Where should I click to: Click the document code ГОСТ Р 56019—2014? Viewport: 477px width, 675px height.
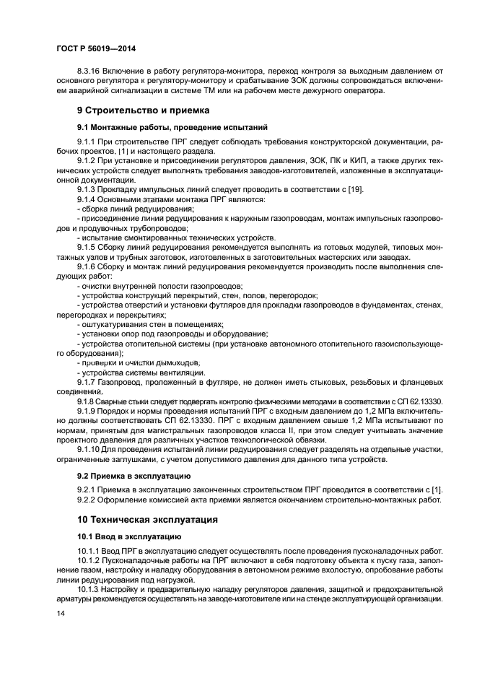(93, 48)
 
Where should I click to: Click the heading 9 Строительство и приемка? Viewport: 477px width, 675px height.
(143, 110)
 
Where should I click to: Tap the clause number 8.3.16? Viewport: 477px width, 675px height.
(89, 71)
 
